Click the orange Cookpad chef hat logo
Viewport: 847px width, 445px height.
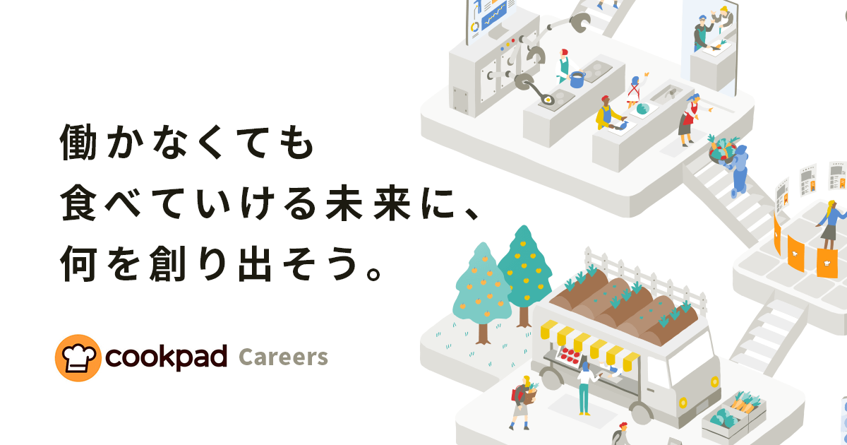coord(78,357)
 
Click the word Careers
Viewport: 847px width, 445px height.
coord(283,357)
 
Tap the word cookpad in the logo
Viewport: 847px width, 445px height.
coord(166,357)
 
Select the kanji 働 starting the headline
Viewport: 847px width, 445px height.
coord(78,142)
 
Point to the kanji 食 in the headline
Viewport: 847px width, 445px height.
coord(78,203)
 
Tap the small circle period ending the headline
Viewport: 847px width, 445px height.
coord(373,274)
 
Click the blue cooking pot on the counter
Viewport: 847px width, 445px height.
coord(577,79)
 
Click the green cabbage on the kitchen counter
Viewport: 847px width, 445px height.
coord(643,109)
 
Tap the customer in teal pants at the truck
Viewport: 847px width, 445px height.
coord(585,388)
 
